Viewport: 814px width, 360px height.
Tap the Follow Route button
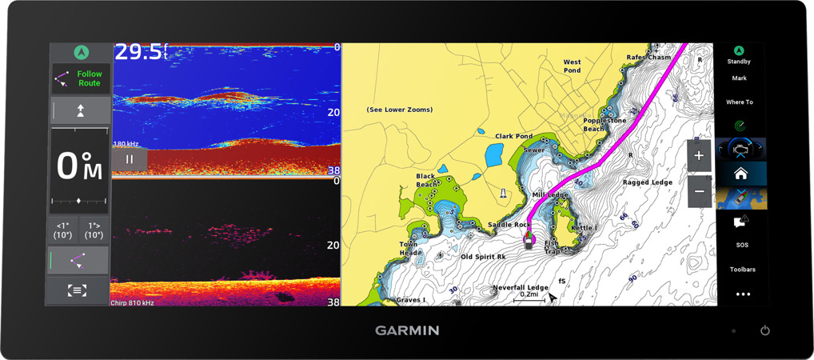(80, 79)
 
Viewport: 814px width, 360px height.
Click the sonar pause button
(130, 159)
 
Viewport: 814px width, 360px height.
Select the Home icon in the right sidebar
(740, 174)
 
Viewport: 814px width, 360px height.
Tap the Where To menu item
(739, 102)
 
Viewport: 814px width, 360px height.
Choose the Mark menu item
(739, 78)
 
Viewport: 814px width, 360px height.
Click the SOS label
(742, 246)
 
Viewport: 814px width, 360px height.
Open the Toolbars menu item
(742, 270)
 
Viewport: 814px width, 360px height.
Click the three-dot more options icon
(742, 294)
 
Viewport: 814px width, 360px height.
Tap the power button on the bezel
(764, 330)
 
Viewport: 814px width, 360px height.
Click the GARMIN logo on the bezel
(407, 330)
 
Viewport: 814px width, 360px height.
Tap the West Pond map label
(572, 66)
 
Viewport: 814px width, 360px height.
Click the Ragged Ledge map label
(648, 182)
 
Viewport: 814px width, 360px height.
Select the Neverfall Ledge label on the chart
(520, 287)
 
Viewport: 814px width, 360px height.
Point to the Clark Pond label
(513, 137)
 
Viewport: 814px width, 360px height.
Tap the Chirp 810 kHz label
(132, 302)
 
